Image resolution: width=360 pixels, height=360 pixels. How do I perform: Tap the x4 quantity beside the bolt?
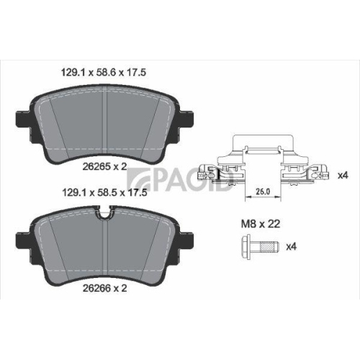[x=292, y=247]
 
